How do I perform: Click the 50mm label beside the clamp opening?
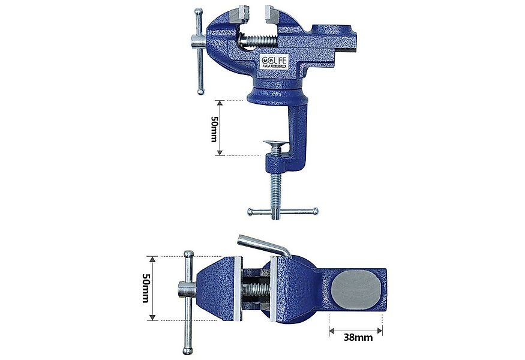214,128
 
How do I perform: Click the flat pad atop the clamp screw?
275,145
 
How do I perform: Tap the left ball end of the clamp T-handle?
250,211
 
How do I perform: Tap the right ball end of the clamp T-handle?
316,211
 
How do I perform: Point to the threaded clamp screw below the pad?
275,180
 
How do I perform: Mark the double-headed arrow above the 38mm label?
356,328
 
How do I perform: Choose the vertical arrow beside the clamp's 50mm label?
221,128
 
